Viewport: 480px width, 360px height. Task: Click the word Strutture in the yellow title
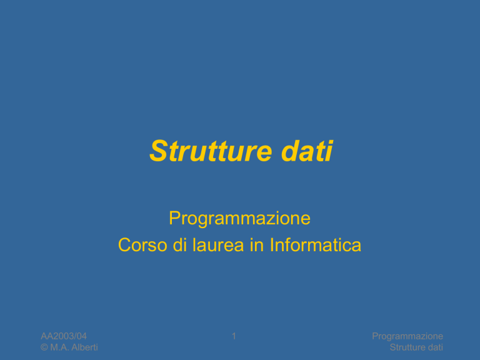211,151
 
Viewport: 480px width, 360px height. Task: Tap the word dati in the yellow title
307,151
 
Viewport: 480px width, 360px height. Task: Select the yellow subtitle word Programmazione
240,219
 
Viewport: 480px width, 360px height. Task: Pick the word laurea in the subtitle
218,245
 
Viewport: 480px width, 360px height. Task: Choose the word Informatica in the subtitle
316,245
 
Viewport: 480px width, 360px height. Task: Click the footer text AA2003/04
64,336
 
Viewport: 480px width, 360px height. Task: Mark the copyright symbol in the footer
44,347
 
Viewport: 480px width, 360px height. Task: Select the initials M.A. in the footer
59,347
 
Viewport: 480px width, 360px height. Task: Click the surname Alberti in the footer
84,347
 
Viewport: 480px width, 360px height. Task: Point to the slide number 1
234,336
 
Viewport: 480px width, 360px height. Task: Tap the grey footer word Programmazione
407,336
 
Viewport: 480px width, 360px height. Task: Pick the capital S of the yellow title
158,151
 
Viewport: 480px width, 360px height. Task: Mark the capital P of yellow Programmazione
174,217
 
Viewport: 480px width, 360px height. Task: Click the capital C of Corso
124,245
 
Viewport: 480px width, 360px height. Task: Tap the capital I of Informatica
271,245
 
